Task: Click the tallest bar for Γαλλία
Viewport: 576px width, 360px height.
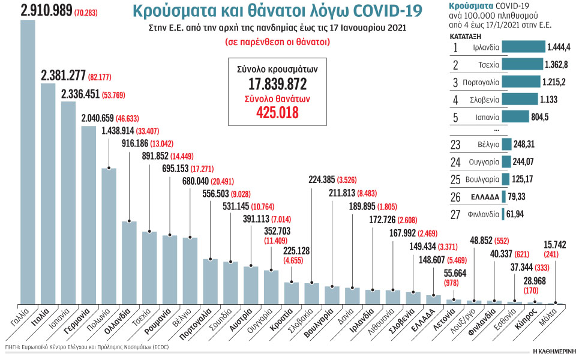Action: pyautogui.click(x=28, y=162)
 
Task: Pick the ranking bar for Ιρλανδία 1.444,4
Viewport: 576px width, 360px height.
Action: pyautogui.click(x=523, y=46)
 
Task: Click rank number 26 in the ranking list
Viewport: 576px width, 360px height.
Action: pyautogui.click(x=455, y=196)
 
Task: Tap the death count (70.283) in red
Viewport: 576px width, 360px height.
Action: pyautogui.click(x=88, y=11)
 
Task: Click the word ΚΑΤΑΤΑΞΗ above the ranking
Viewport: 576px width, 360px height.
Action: pyautogui.click(x=459, y=36)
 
